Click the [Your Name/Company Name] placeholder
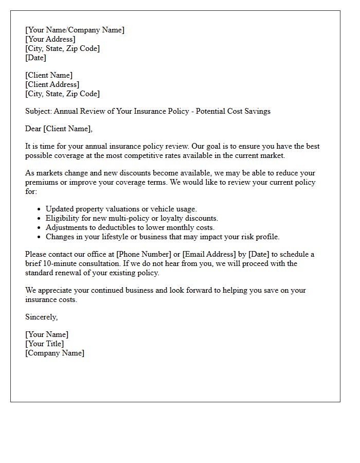75,30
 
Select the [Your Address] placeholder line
50,39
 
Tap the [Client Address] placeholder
52,84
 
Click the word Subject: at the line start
39,111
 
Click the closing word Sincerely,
41,317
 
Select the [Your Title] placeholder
45,344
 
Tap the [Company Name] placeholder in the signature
55,353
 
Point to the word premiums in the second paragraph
41,182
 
